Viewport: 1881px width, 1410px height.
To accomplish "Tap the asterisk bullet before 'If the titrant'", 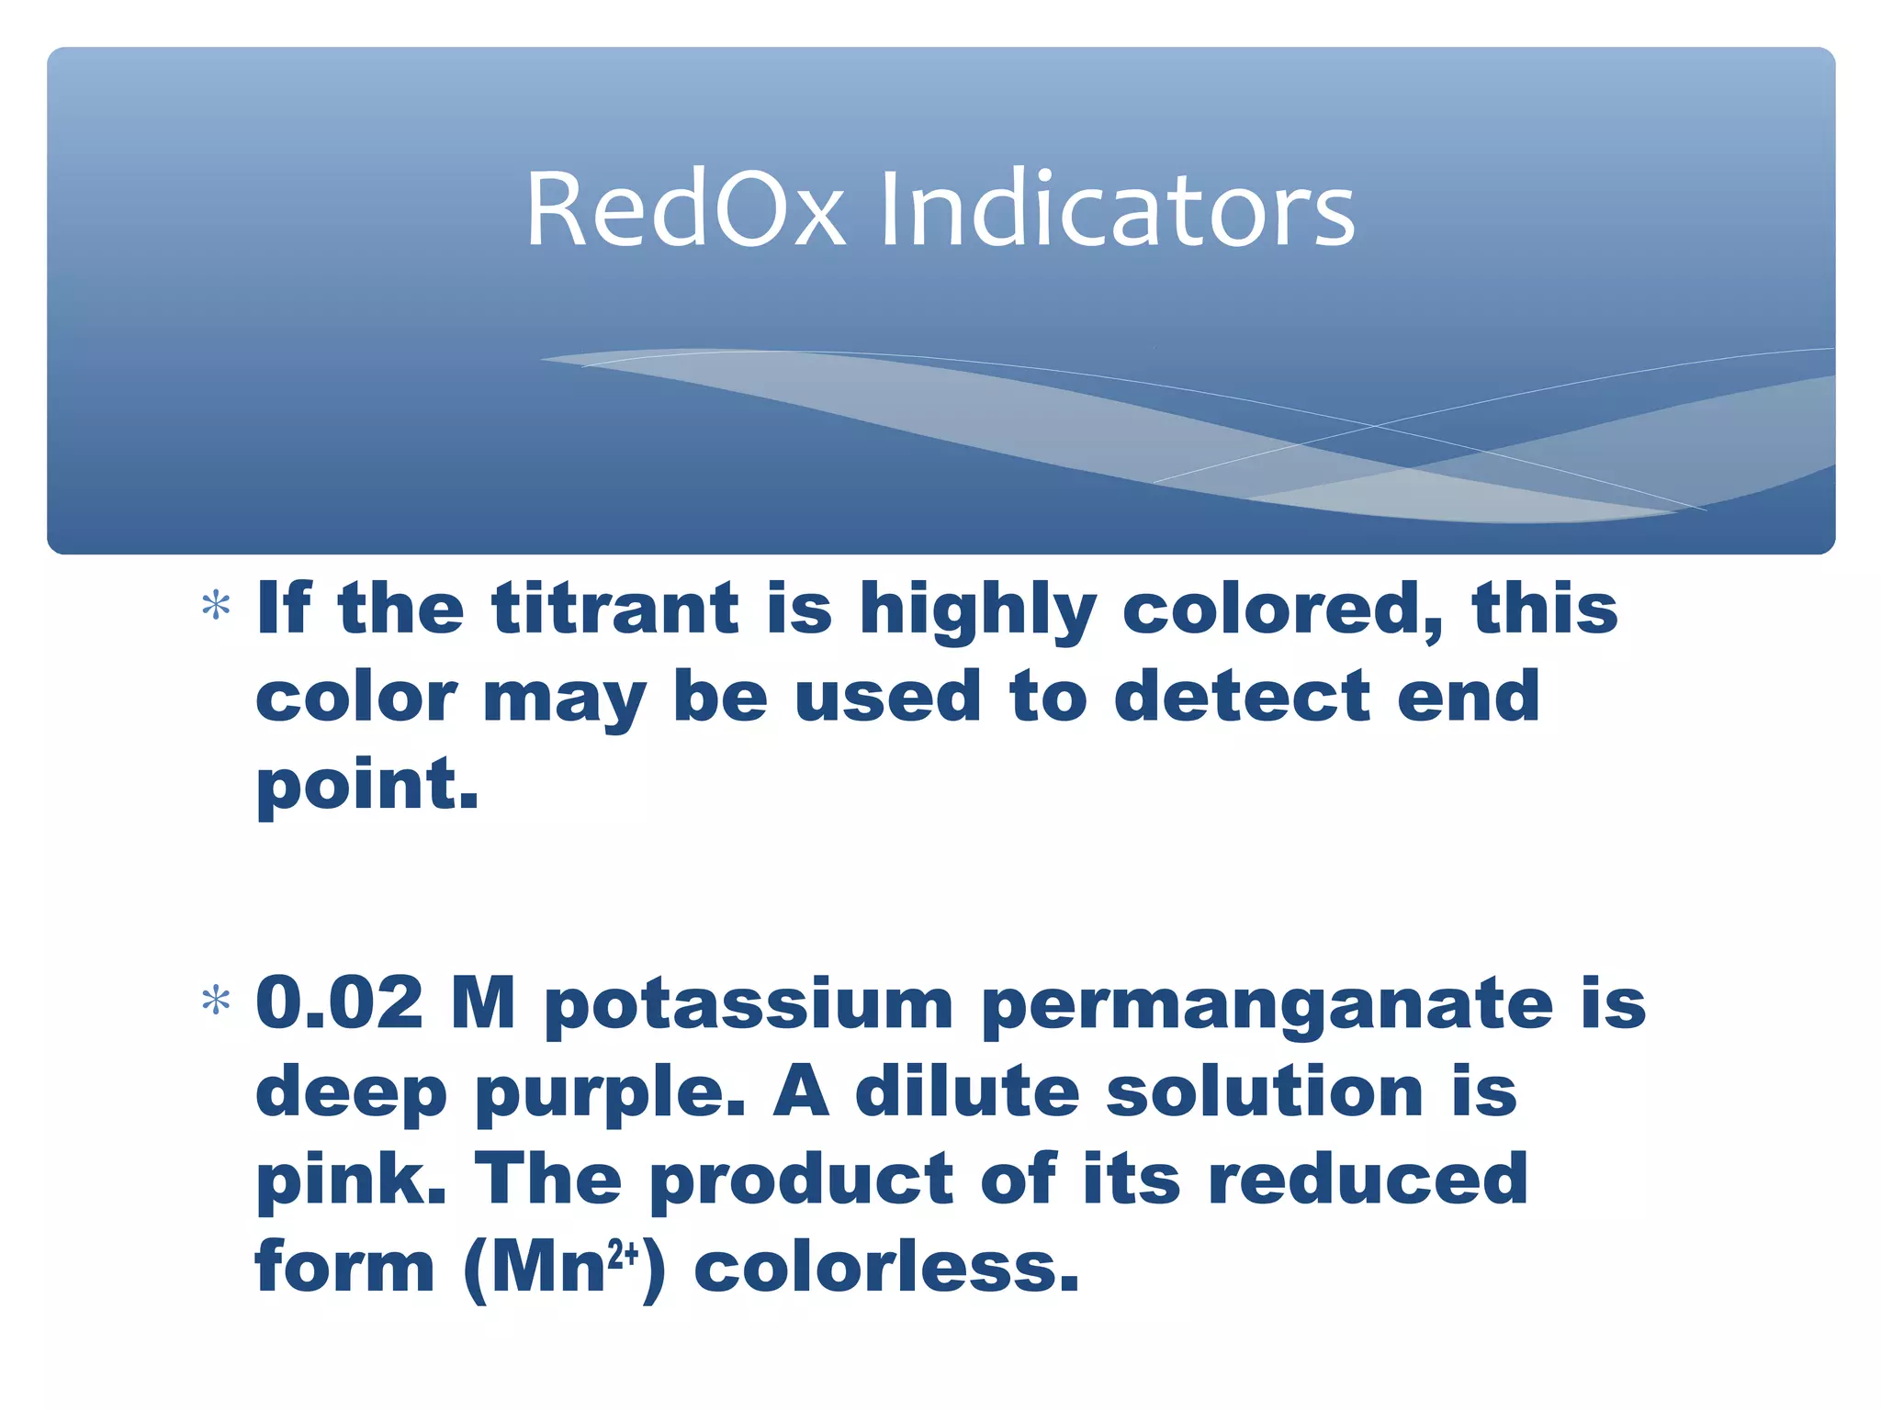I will pos(216,607).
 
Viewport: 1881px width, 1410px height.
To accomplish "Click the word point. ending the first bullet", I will pos(367,785).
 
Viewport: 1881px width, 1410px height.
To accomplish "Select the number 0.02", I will pos(340,1002).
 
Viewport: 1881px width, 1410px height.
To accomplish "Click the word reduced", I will pos(1369,1179).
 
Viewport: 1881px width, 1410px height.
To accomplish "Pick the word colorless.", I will pos(885,1267).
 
